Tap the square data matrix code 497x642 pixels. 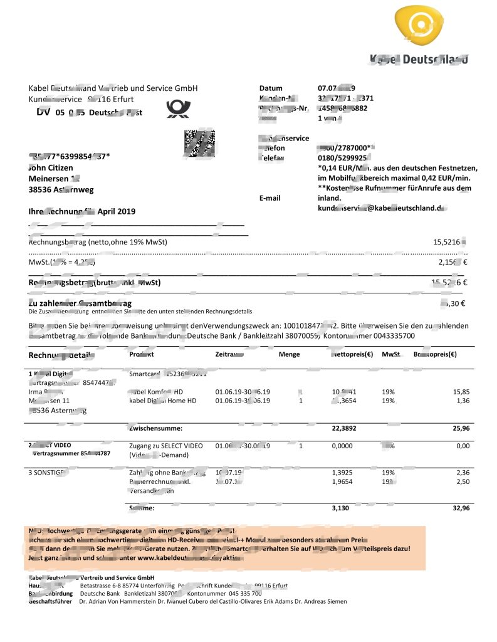click(199, 144)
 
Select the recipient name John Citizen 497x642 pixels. click(51, 168)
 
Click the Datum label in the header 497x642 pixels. click(271, 88)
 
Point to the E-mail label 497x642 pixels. click(270, 197)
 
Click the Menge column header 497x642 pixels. click(289, 354)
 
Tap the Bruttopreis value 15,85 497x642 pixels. click(461, 391)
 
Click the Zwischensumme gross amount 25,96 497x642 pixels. click(460, 428)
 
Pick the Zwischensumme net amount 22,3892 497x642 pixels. click(344, 428)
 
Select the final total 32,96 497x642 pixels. click(460, 508)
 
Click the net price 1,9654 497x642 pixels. click(342, 481)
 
